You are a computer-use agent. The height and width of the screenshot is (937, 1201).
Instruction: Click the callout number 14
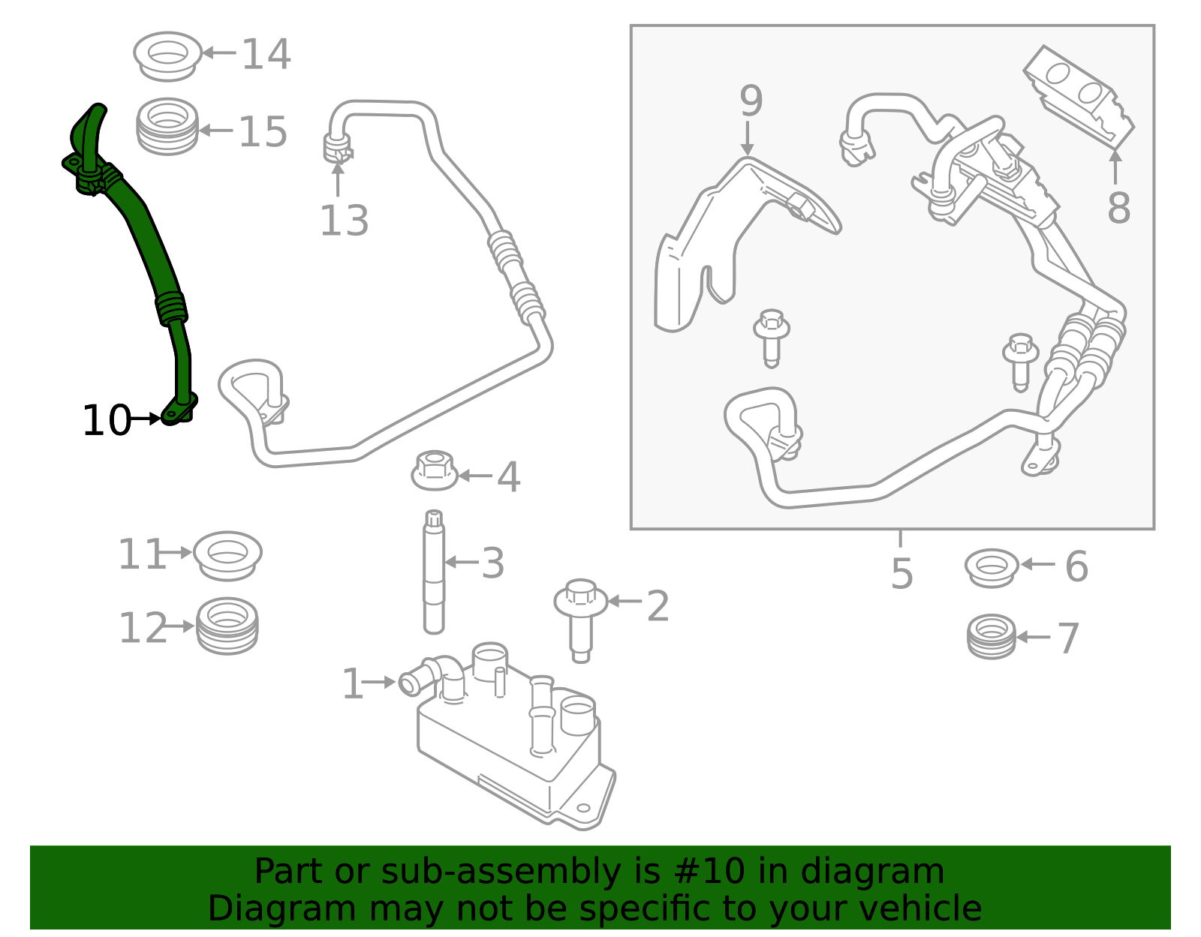(x=266, y=55)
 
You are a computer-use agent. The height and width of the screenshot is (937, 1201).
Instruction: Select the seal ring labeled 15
(x=167, y=127)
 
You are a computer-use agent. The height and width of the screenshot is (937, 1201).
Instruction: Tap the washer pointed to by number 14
(x=167, y=56)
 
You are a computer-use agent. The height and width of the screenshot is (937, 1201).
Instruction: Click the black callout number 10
(x=107, y=421)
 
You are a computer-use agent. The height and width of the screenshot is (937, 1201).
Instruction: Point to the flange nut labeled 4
(x=435, y=471)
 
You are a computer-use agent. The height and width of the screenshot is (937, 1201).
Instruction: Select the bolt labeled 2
(x=580, y=617)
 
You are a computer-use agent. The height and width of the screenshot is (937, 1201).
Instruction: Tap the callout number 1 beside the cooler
(x=352, y=684)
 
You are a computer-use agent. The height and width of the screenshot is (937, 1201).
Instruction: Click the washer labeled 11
(x=227, y=555)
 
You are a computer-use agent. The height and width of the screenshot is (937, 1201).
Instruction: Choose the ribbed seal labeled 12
(x=227, y=626)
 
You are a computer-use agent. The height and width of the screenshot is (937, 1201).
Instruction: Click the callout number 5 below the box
(x=902, y=574)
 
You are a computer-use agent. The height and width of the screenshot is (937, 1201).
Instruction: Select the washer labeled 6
(x=992, y=568)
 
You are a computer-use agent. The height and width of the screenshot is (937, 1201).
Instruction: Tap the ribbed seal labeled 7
(x=992, y=637)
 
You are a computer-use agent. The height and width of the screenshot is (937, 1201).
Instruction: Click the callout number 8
(x=1118, y=208)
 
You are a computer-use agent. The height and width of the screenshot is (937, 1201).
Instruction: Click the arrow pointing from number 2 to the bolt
(x=625, y=601)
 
